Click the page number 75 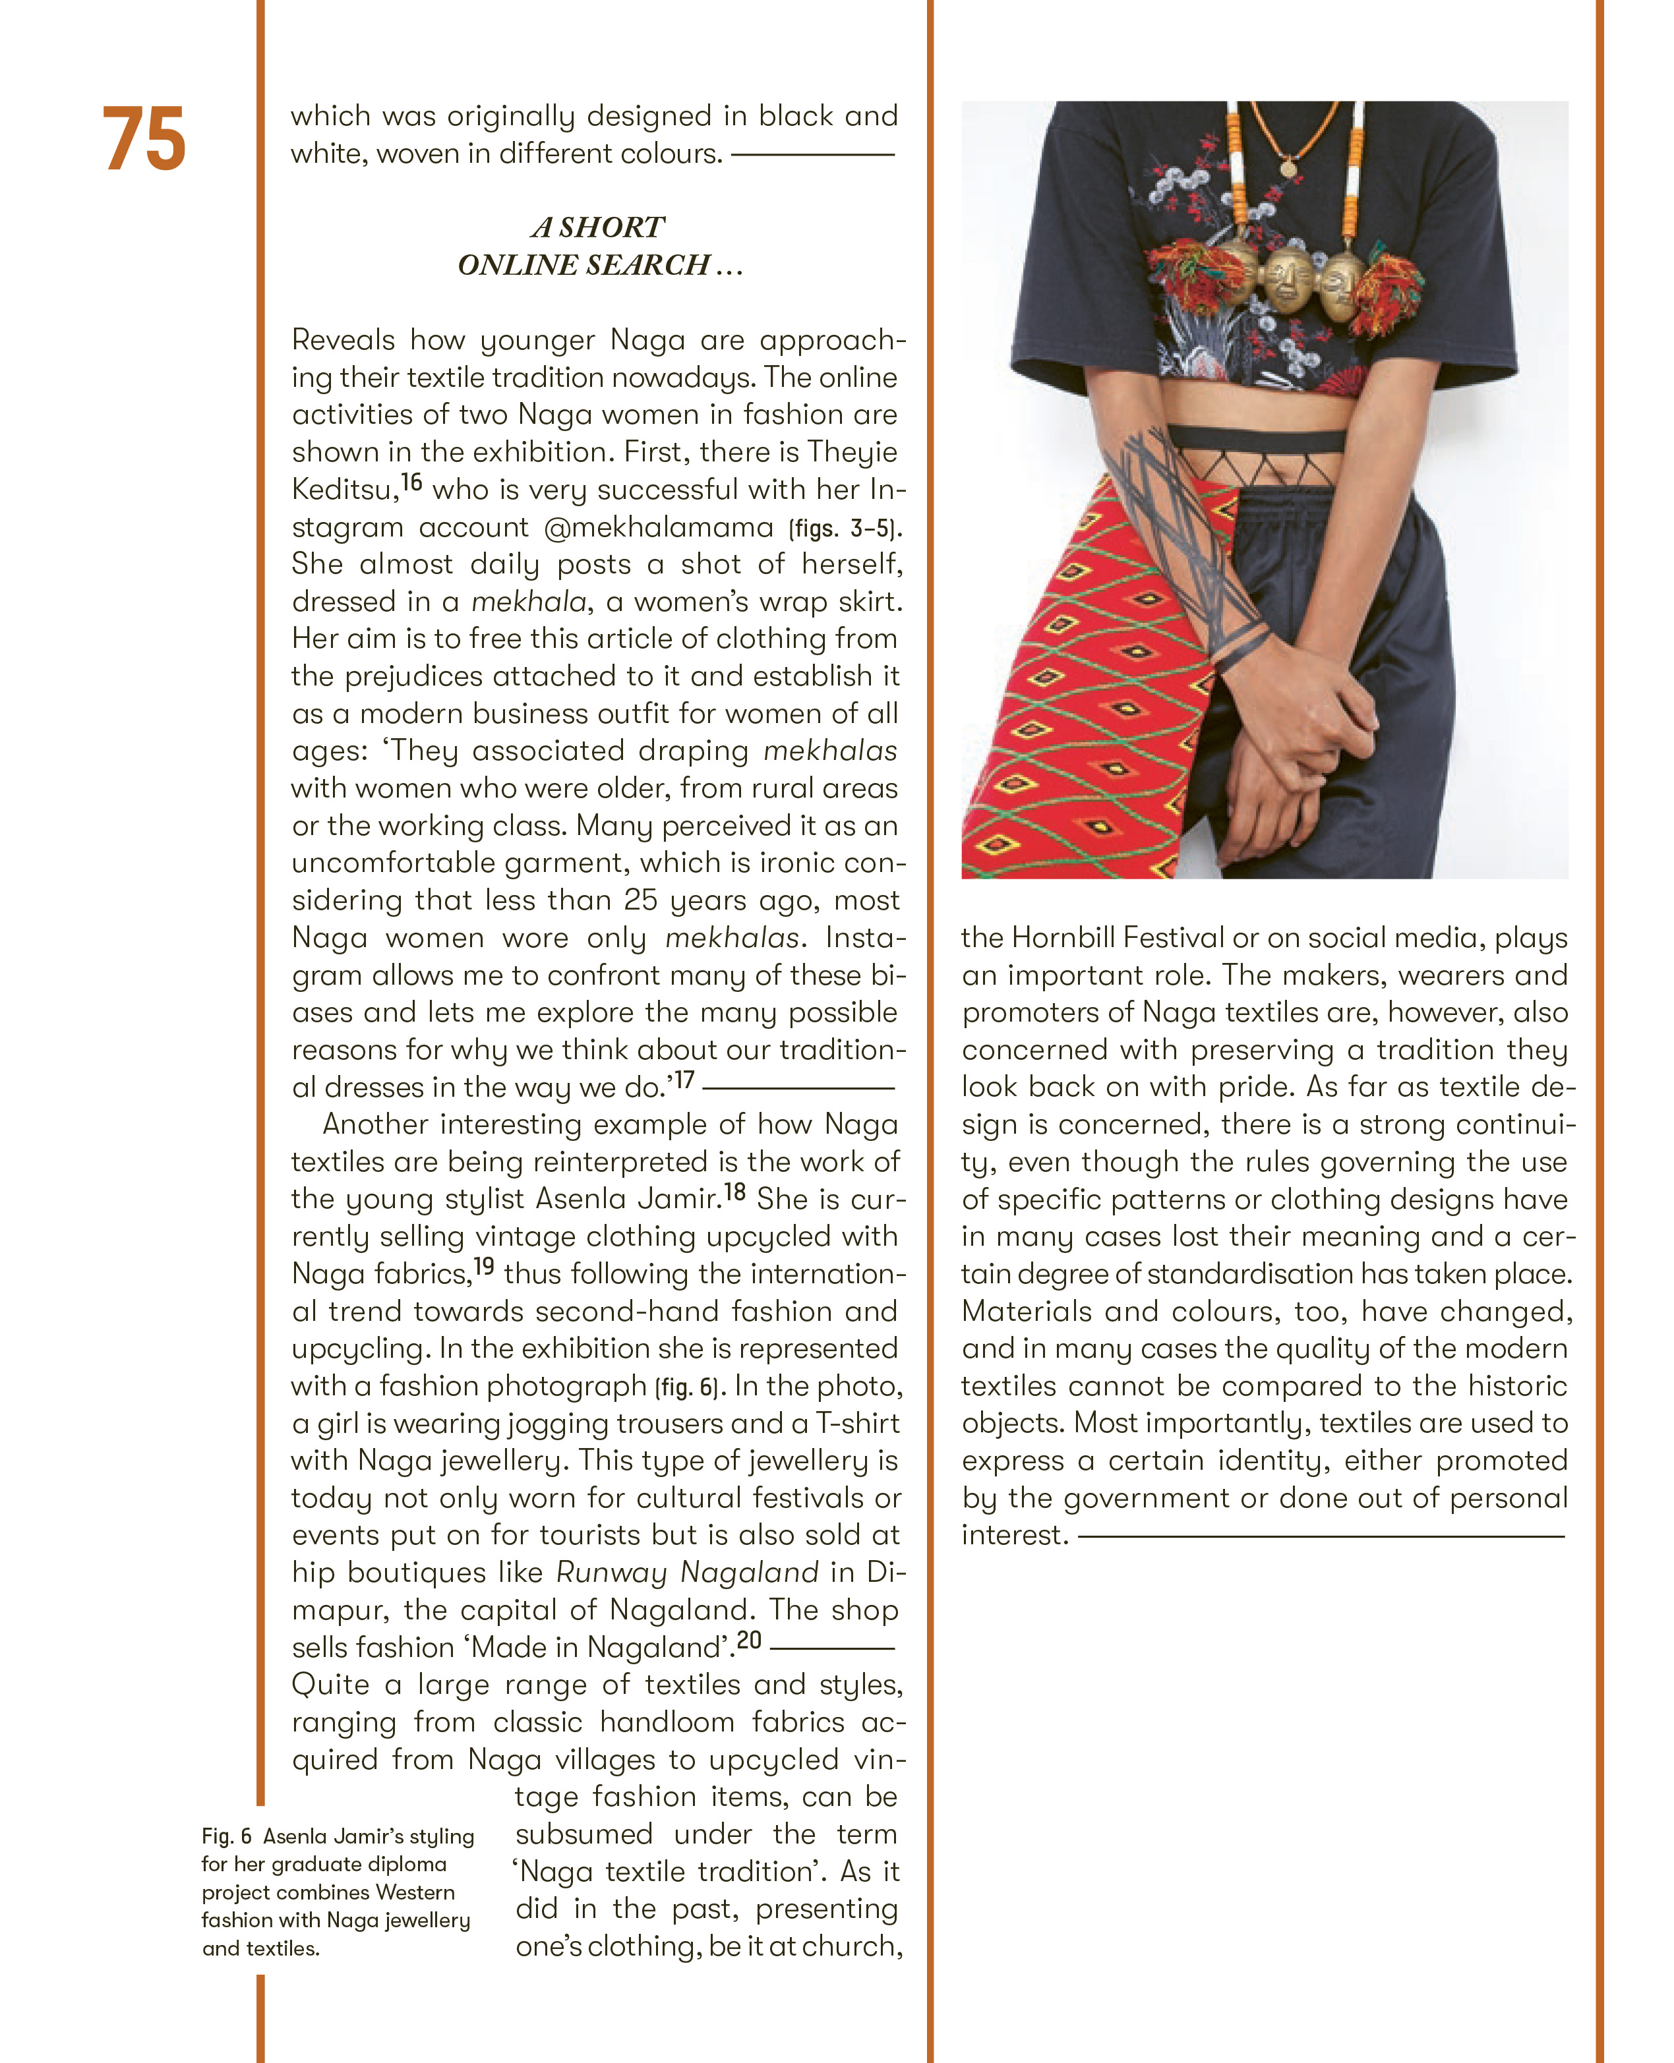coord(144,140)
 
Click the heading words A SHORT coord(598,227)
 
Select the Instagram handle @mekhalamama coord(659,527)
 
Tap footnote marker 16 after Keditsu coord(412,482)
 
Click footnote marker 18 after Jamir coord(734,1192)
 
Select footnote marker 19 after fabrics coord(484,1267)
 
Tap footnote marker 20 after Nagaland coord(749,1640)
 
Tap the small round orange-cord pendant coord(1288,169)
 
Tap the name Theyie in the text coord(851,452)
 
